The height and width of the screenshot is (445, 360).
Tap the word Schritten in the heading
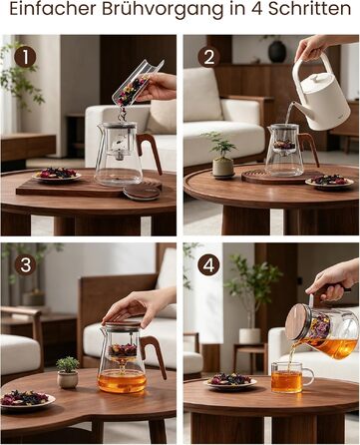[309, 9]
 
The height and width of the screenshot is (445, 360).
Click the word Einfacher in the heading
[54, 9]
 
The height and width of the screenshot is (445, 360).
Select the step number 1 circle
[25, 57]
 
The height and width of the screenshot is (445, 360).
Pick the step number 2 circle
[208, 57]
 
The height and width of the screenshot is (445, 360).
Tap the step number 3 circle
[25, 265]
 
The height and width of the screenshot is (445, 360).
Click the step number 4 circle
[208, 265]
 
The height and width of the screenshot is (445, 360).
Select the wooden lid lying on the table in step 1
[142, 193]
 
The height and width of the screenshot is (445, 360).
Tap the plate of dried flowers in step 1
[57, 175]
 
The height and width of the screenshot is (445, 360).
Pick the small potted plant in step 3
[68, 372]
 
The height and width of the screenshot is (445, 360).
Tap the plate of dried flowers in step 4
[231, 381]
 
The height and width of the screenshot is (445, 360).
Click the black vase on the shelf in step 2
[277, 51]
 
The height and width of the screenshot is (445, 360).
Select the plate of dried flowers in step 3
[27, 399]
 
